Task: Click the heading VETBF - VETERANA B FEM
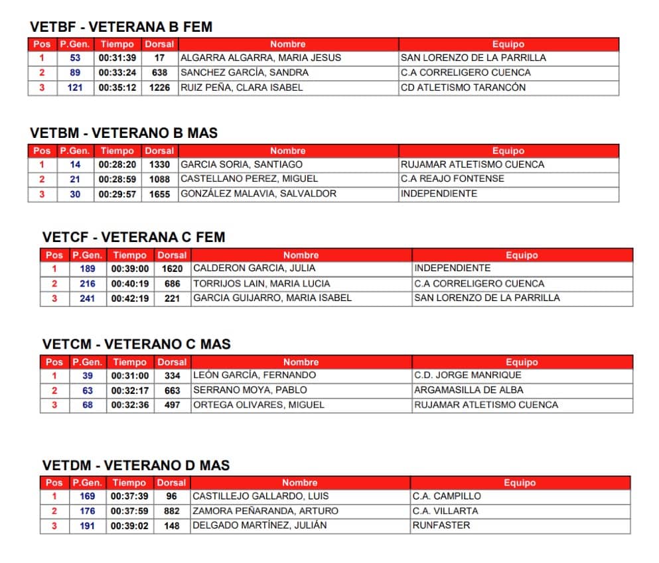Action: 121,27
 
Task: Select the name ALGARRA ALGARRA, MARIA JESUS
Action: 260,58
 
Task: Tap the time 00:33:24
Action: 117,73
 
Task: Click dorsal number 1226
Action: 159,88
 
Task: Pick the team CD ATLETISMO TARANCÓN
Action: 463,88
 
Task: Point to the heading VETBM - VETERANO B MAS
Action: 123,133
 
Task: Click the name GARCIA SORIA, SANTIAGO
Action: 242,164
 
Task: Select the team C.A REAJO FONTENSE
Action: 453,179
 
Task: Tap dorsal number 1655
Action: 159,194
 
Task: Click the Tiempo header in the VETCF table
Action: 130,255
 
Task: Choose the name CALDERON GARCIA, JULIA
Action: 254,269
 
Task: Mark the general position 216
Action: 88,284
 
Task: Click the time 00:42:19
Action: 130,298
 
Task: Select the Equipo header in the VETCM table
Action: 522,362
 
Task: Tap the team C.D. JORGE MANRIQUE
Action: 468,375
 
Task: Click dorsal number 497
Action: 172,405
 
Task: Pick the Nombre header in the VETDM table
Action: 301,483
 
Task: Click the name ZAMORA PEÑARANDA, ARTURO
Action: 265,511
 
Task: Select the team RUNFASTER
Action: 441,525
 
